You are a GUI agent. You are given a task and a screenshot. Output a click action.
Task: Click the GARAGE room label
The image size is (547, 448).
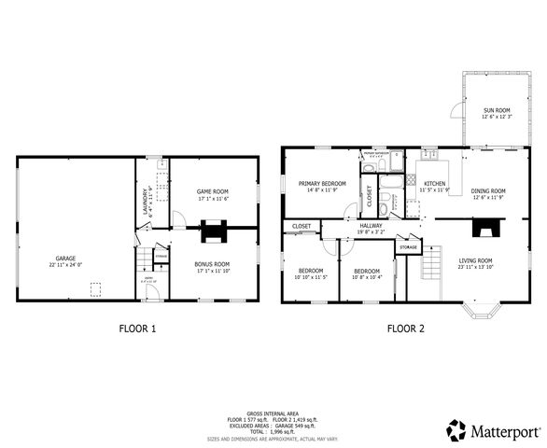pyautogui.click(x=64, y=258)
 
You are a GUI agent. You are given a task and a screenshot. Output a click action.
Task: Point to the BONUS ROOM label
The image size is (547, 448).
pyautogui.click(x=212, y=264)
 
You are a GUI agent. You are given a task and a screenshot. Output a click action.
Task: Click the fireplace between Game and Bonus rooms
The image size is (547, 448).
pyautogui.click(x=213, y=226)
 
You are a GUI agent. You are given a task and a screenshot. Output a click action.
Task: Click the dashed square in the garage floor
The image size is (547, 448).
pyautogui.click(x=94, y=290)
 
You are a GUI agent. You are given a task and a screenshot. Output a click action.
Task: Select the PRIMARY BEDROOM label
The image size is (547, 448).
pyautogui.click(x=322, y=184)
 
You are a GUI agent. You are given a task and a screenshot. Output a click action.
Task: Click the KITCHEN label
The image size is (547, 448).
pyautogui.click(x=435, y=184)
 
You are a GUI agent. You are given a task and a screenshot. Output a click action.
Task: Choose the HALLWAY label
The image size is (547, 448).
pyautogui.click(x=371, y=225)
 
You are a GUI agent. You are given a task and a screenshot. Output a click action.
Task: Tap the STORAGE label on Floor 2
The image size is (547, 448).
pyautogui.click(x=408, y=247)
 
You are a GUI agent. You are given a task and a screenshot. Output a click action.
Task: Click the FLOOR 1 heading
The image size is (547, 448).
pyautogui.click(x=138, y=329)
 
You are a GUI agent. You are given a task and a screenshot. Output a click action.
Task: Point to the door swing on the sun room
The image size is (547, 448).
pyautogui.click(x=455, y=111)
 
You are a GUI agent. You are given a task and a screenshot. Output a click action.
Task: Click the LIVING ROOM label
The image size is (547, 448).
pyautogui.click(x=474, y=260)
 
